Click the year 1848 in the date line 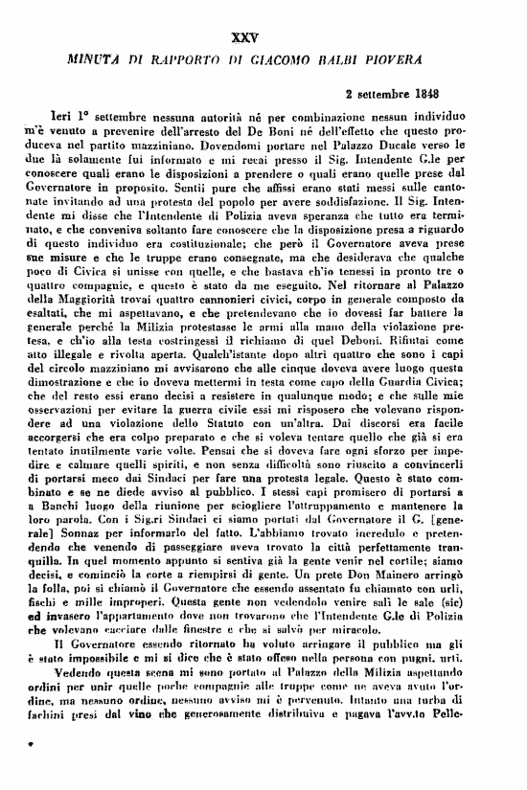coord(447,95)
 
